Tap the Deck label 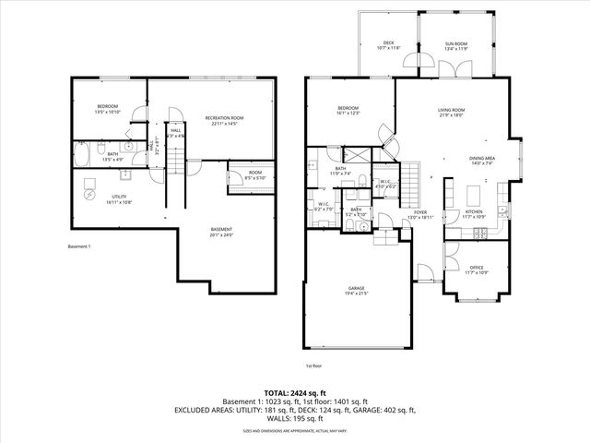[x=389, y=42]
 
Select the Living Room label [x=451, y=113]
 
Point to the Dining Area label [x=481, y=160]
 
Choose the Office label [x=476, y=269]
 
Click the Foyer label [x=420, y=213]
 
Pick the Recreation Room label [x=224, y=119]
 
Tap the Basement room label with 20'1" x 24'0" [x=221, y=231]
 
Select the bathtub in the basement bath [x=80, y=152]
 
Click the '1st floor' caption [x=314, y=364]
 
